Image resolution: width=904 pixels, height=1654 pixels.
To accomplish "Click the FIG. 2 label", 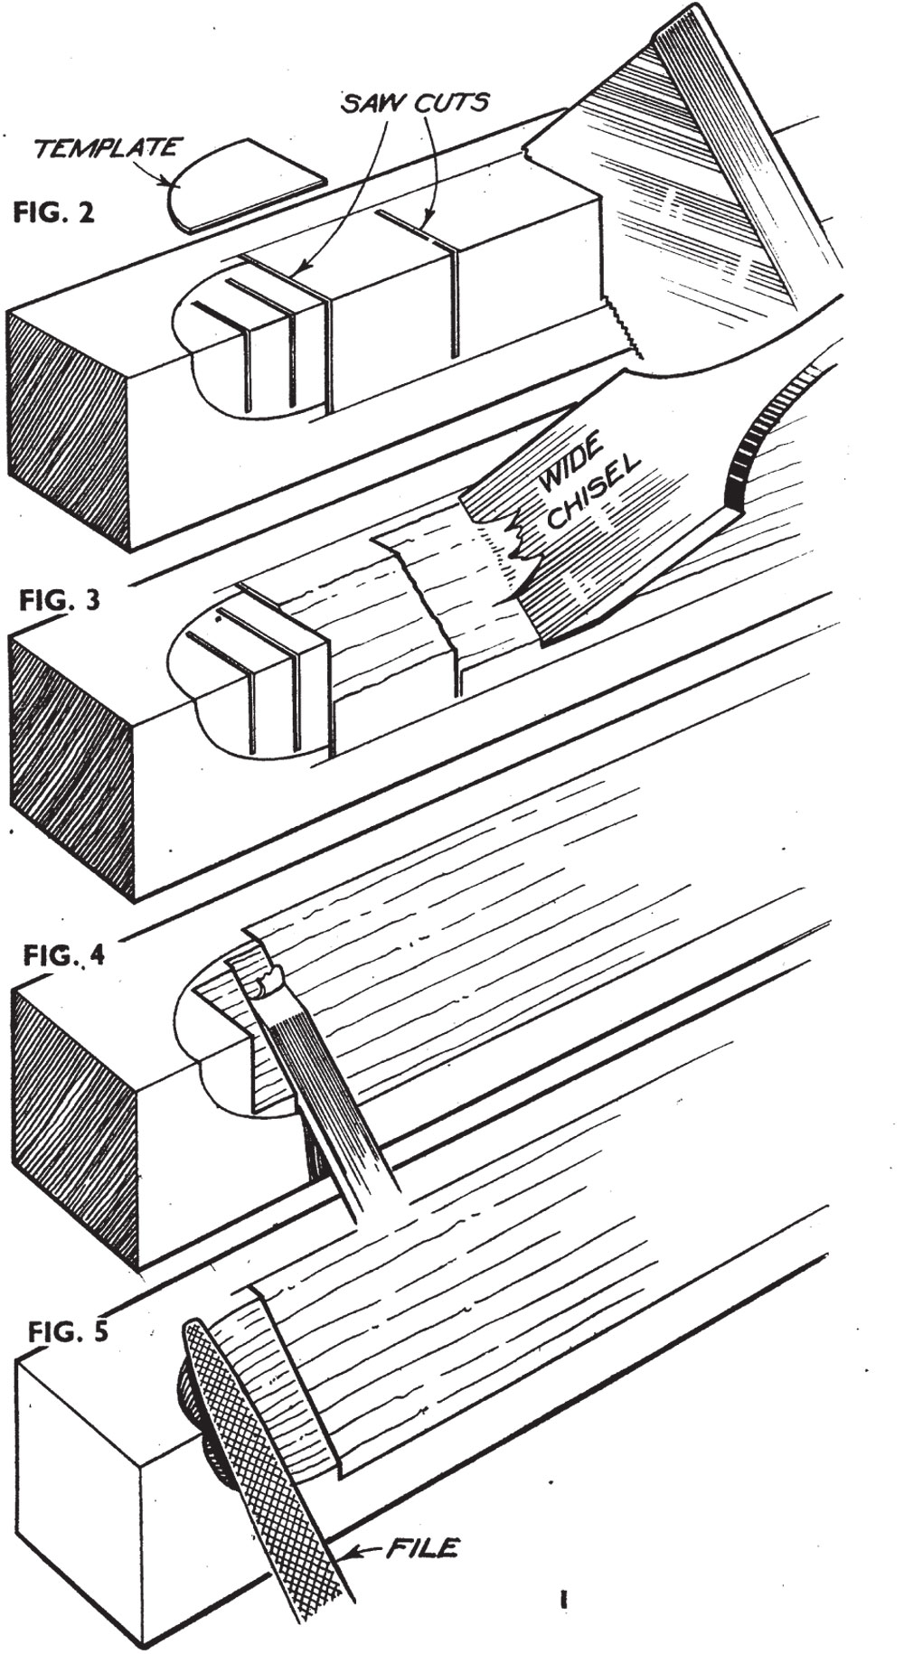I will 53,214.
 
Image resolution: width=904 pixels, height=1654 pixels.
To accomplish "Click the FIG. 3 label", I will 60,601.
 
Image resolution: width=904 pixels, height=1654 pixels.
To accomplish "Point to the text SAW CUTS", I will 415,102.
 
